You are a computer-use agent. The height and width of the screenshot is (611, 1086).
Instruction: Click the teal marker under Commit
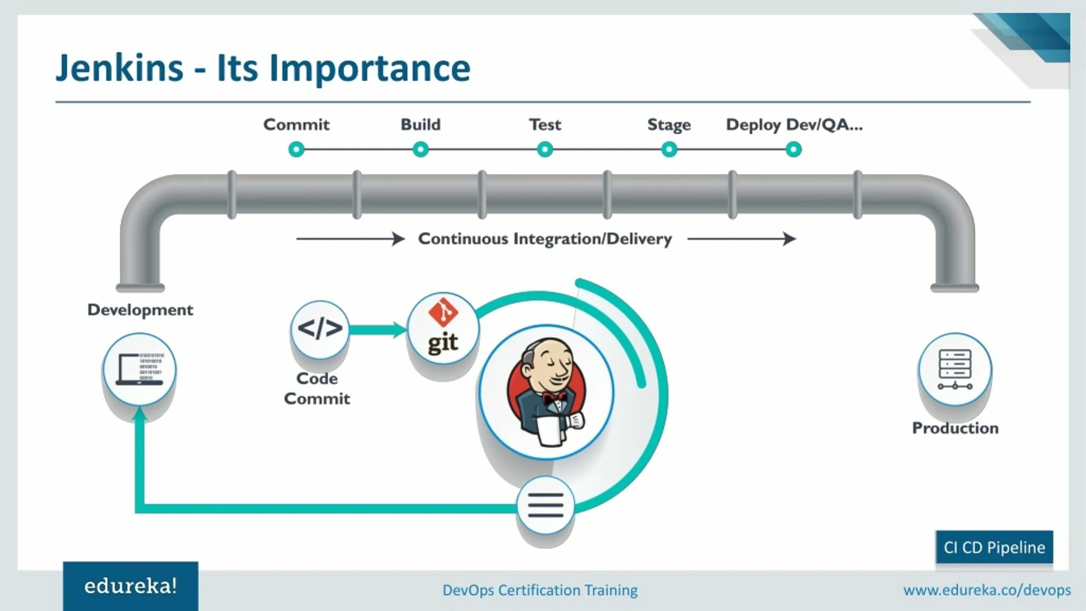[297, 149]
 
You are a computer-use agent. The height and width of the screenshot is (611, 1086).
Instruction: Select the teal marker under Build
[420, 149]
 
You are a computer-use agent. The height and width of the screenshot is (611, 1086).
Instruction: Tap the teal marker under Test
[545, 149]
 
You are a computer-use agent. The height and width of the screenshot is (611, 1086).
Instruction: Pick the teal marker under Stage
[669, 149]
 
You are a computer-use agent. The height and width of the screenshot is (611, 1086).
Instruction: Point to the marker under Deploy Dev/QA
[793, 149]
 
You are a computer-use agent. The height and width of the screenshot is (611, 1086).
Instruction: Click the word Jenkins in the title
[120, 68]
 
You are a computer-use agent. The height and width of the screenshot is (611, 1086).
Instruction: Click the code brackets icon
[320, 329]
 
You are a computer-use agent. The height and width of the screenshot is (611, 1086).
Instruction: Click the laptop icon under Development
[140, 369]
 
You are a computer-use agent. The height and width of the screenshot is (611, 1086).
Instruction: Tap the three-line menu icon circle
[546, 505]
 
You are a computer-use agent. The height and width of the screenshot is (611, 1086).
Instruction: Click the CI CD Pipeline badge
[994, 547]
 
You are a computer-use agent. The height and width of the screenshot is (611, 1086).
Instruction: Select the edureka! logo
[131, 586]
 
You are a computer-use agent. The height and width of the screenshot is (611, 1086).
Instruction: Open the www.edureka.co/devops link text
[987, 590]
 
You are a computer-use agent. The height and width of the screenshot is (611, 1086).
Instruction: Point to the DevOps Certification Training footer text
[540, 590]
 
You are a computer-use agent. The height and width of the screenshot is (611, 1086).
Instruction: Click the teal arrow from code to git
[378, 330]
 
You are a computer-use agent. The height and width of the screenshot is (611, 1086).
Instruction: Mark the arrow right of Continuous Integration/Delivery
[742, 239]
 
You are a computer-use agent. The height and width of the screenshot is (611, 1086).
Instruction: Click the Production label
[955, 428]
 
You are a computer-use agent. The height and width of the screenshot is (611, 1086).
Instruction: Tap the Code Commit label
[317, 389]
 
